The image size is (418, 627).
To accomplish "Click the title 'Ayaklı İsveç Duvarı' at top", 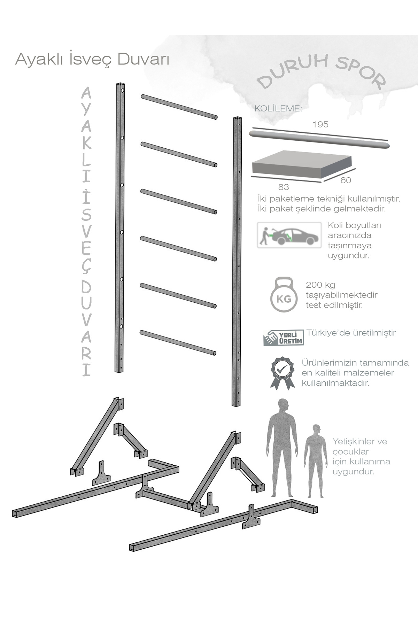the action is click(92, 59).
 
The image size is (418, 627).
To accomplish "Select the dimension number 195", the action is click(320, 124).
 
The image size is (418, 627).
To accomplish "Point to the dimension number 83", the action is click(284, 187).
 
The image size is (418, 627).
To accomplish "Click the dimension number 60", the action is click(346, 180).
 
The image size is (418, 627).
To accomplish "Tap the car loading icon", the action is click(289, 235).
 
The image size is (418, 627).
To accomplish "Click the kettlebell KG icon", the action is click(284, 294).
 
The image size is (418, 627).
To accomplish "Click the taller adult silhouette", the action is click(283, 448).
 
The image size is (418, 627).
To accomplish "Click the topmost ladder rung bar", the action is click(179, 107).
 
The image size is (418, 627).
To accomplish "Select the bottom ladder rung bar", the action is click(178, 343).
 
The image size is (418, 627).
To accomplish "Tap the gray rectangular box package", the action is click(302, 166).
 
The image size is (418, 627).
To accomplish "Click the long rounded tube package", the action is click(319, 140).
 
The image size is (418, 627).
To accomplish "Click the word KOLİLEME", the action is click(278, 108).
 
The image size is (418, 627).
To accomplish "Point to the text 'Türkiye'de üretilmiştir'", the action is click(351, 333).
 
